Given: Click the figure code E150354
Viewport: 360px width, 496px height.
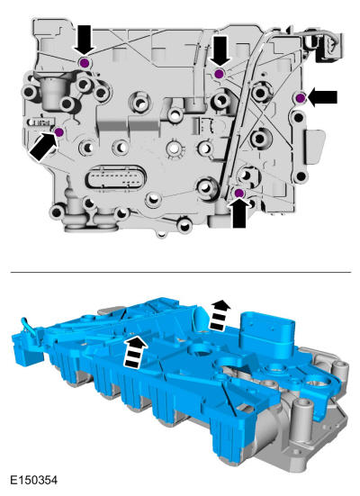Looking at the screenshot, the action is click(x=34, y=480).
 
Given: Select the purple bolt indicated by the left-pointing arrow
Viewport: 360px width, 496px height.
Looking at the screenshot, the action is click(x=301, y=98).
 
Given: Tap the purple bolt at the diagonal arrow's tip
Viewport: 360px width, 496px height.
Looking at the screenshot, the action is click(x=58, y=132).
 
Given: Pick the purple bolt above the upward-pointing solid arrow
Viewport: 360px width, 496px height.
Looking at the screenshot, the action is click(x=238, y=193).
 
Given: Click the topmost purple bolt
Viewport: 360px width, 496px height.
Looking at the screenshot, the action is click(x=84, y=63).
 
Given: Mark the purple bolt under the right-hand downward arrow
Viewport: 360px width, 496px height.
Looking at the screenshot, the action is click(x=219, y=74).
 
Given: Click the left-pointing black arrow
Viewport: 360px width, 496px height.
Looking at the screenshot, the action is click(x=322, y=97).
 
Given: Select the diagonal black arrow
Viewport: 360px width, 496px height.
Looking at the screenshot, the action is click(x=44, y=147).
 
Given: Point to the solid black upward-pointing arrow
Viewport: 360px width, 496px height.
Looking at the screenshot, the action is click(x=239, y=212).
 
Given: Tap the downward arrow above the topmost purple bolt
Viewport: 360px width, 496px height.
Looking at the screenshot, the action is click(x=84, y=41).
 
